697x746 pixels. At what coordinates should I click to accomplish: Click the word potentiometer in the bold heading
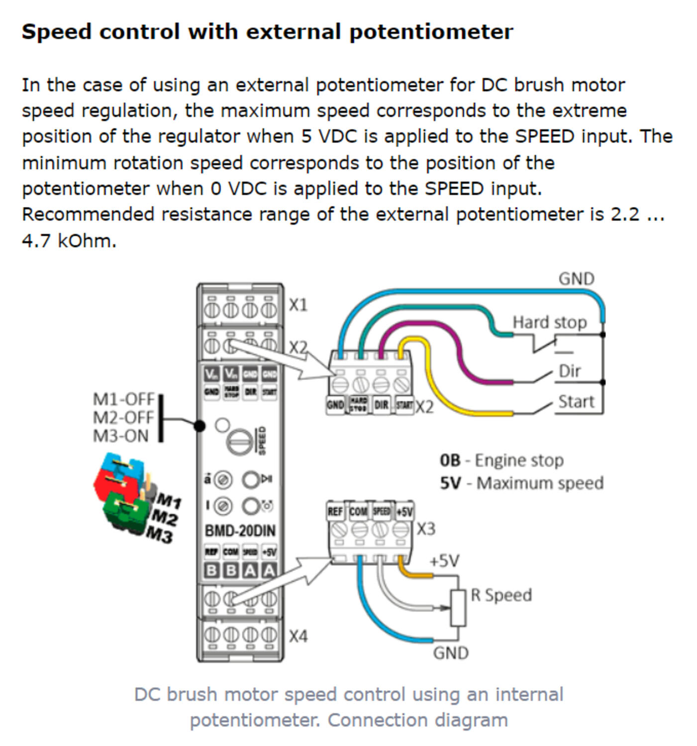point(431,32)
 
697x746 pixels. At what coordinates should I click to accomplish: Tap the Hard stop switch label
point(549,322)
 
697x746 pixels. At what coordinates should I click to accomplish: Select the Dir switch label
point(569,371)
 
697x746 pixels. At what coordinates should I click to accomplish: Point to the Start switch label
point(576,401)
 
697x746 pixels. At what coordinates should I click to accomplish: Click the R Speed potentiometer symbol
point(458,608)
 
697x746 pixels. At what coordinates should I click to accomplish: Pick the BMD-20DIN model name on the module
point(240,531)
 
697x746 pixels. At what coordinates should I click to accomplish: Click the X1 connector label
point(298,304)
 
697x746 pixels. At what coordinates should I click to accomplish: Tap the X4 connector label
point(298,636)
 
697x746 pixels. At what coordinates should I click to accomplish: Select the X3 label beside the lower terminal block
point(425,529)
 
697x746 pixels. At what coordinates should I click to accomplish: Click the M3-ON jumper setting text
point(120,436)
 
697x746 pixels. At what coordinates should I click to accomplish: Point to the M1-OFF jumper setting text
point(124,399)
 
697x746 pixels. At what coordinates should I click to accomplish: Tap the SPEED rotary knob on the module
point(239,440)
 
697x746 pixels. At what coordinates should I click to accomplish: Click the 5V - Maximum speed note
point(521,483)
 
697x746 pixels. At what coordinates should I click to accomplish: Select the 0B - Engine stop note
point(501,461)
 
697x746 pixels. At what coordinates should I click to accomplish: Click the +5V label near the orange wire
point(444,560)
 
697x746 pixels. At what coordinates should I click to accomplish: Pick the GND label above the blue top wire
point(576,279)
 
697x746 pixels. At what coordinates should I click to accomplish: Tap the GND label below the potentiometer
point(450,653)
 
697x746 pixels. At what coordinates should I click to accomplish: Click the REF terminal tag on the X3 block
point(335,511)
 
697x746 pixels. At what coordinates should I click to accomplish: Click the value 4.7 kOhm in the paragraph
point(69,241)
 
